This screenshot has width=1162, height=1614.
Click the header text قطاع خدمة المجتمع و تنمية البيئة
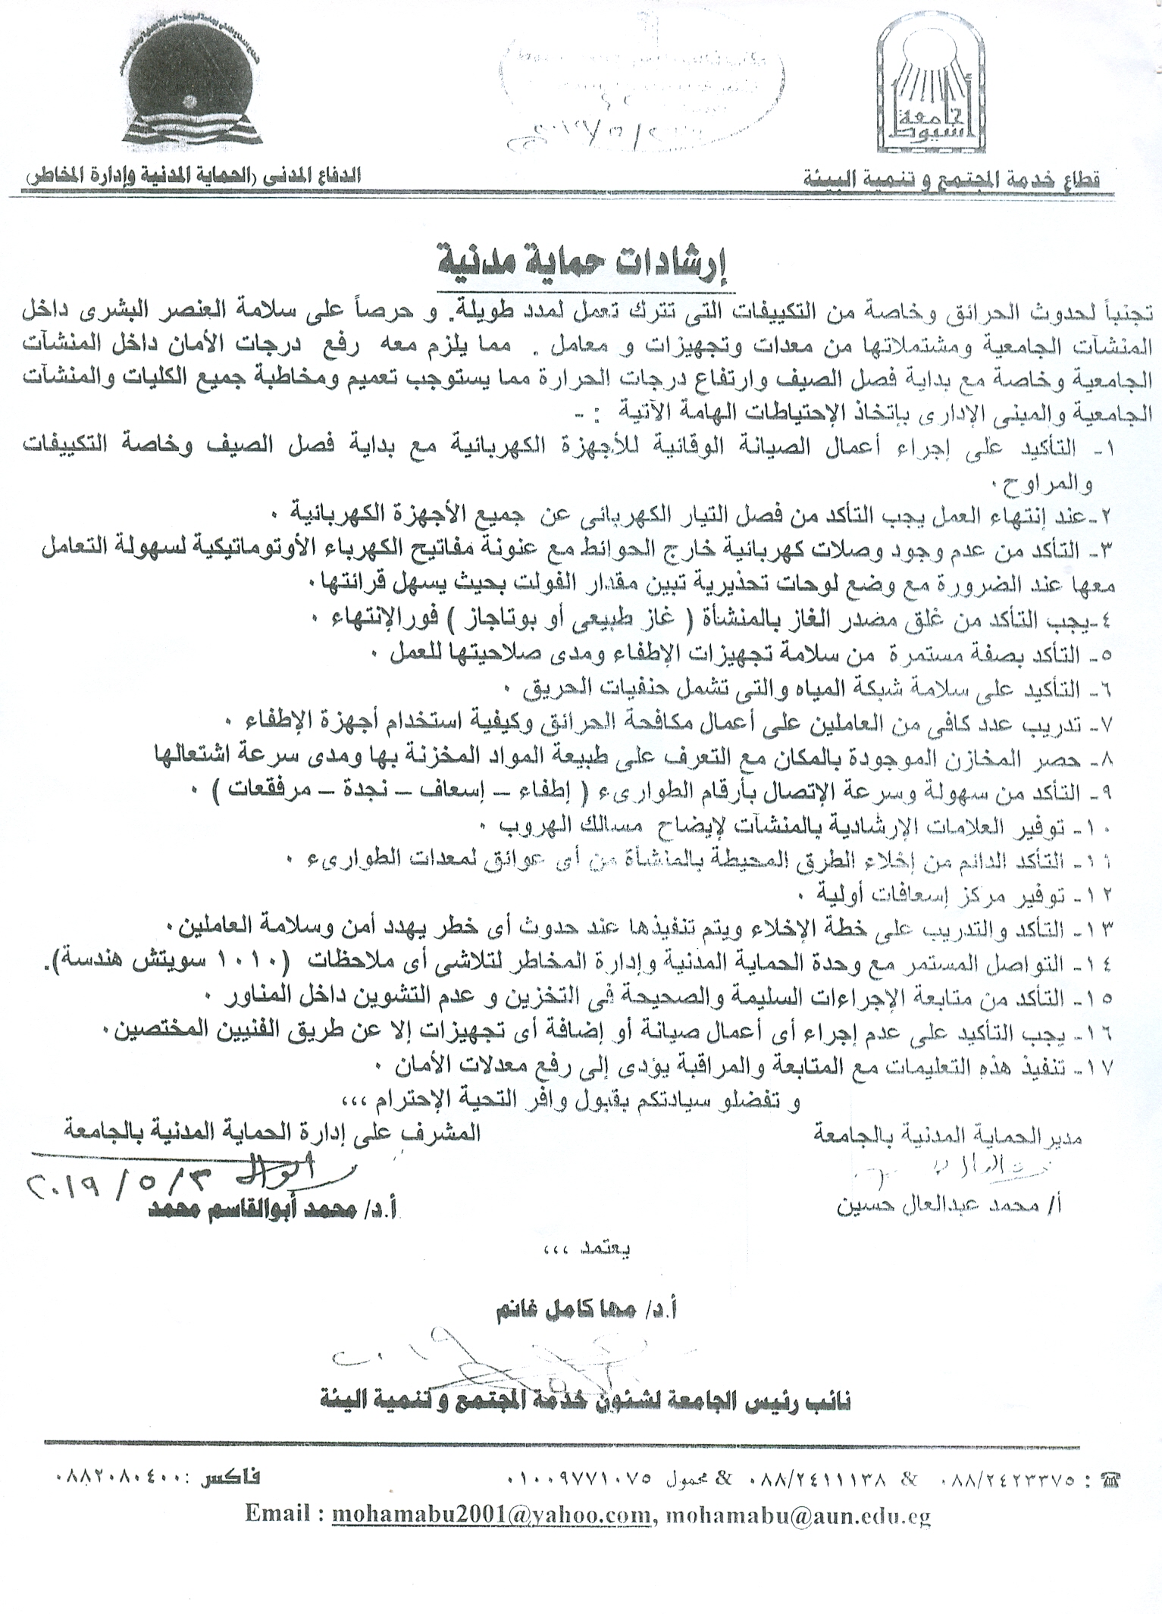(x=951, y=180)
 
